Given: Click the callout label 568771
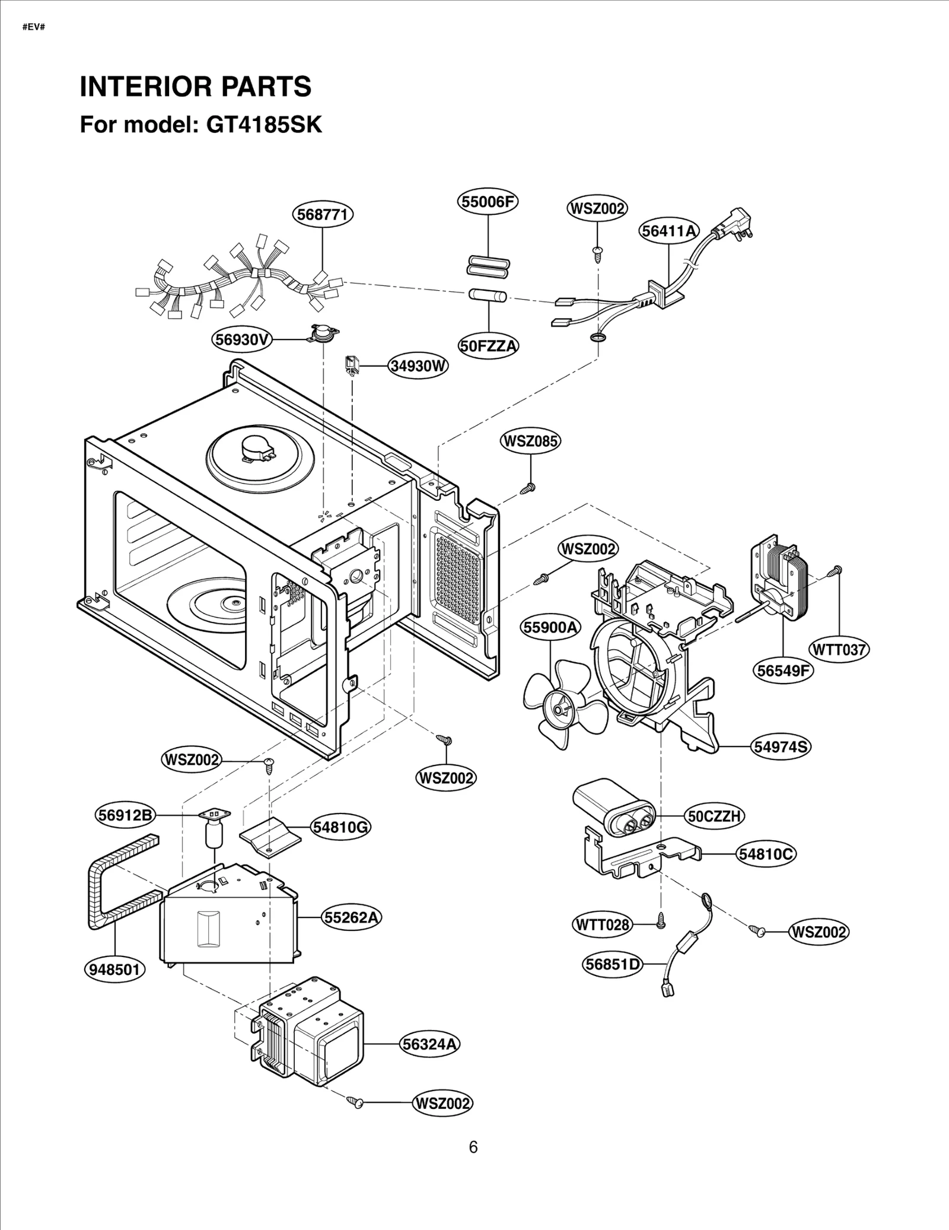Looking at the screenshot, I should (323, 214).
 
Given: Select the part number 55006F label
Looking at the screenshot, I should (488, 202).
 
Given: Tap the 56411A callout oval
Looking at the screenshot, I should (669, 231).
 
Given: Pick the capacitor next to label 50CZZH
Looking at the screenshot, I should (614, 808).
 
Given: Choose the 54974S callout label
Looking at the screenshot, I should (781, 746).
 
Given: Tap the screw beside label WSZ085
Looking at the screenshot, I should (528, 488).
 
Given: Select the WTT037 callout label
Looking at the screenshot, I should (839, 650).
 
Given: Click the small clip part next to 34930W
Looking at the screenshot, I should (352, 364).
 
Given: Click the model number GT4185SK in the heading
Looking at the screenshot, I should (264, 125).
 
